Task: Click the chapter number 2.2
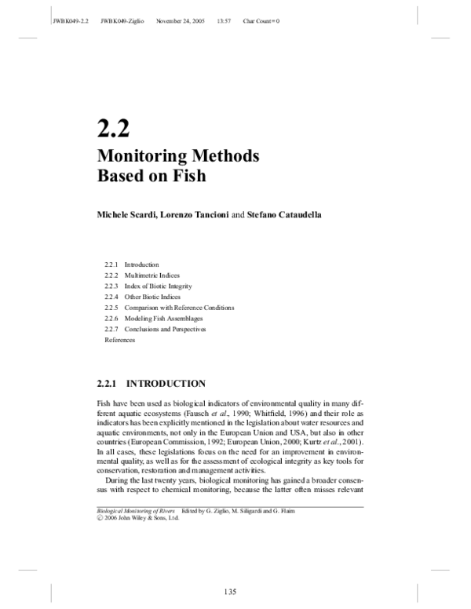[x=112, y=126]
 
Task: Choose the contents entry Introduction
[x=141, y=264]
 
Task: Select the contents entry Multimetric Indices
[x=152, y=275]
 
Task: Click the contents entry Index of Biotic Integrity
[x=158, y=286]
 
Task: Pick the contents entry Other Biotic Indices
[x=152, y=297]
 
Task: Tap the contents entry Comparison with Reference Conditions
[x=179, y=308]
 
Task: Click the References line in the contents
[x=120, y=341]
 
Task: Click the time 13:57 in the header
[x=224, y=20]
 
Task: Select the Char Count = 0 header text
[x=261, y=20]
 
